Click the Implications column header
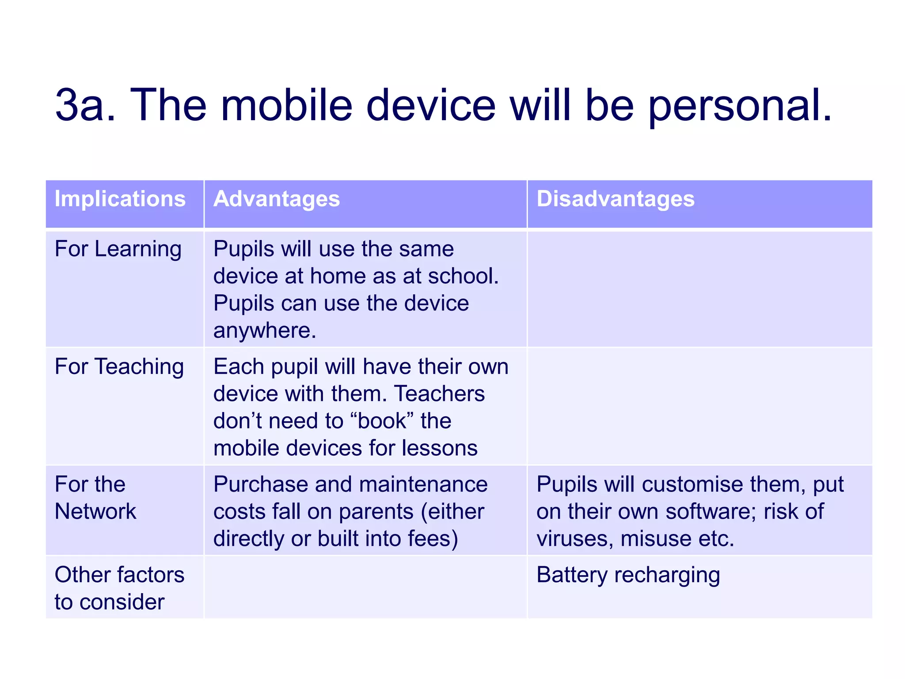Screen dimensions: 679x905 [x=120, y=199]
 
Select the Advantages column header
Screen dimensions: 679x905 [x=277, y=199]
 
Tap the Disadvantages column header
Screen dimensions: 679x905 [x=615, y=199]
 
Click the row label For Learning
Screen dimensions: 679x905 [x=118, y=249]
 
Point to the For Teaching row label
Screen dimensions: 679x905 [x=119, y=367]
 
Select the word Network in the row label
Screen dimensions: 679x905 [x=95, y=511]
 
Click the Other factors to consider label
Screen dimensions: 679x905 [x=119, y=588]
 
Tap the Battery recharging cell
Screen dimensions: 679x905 [x=628, y=576]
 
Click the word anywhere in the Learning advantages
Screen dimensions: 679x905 [x=264, y=331]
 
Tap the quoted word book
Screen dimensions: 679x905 [x=382, y=421]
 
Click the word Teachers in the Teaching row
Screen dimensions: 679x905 [x=439, y=394]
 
